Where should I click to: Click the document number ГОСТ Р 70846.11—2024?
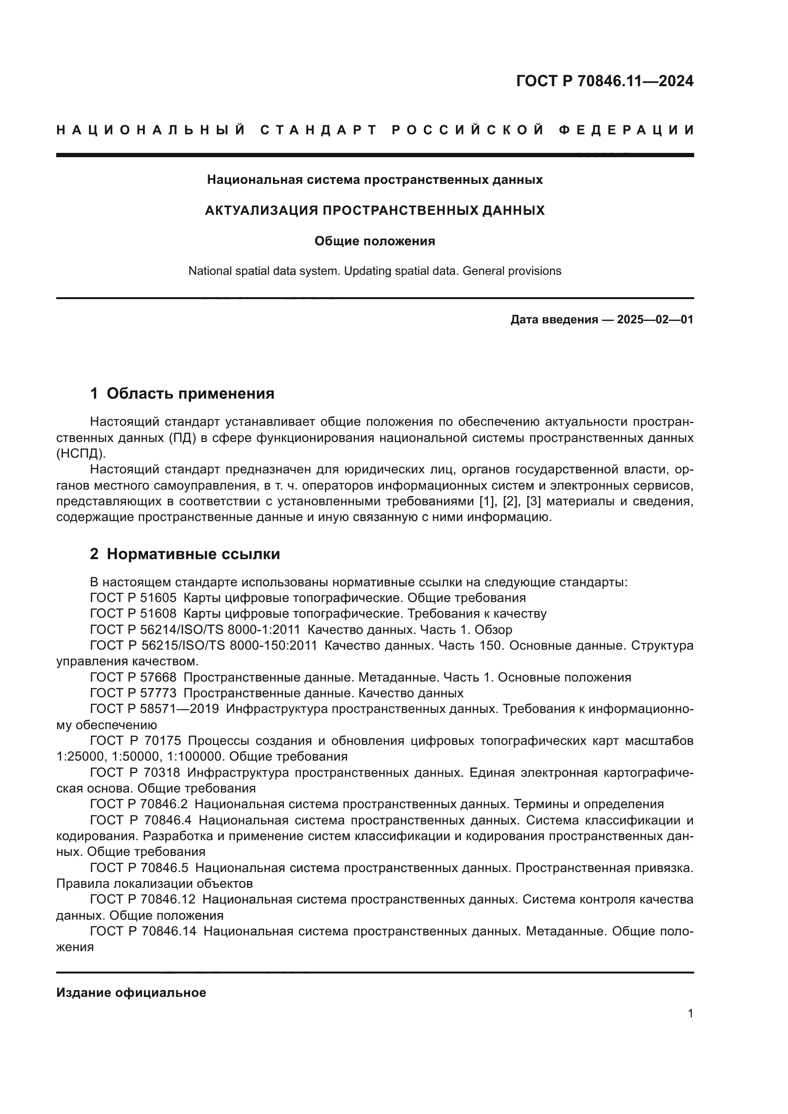pos(605,81)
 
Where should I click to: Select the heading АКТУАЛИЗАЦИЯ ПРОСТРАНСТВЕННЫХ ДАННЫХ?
pos(374,211)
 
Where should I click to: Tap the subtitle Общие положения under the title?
pos(374,241)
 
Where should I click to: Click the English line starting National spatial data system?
pos(374,271)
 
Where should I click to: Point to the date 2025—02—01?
pos(655,320)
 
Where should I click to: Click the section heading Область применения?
pos(190,393)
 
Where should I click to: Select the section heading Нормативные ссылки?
pos(193,554)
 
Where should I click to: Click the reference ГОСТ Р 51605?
pos(133,598)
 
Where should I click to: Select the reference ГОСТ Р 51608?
pos(133,614)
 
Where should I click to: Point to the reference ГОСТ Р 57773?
pos(133,693)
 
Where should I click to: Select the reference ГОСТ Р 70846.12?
pos(142,899)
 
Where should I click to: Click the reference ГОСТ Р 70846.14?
pos(143,931)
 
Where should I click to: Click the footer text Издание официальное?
pos(131,993)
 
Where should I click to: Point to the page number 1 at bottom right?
pos(690,1014)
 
